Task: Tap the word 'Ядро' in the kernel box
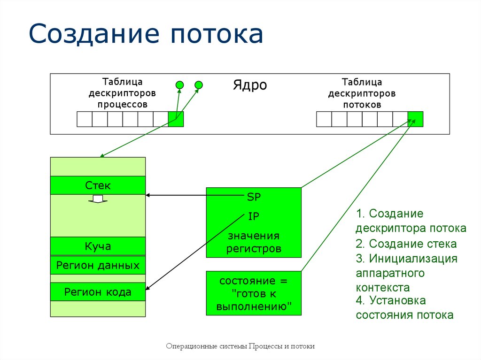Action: point(250,85)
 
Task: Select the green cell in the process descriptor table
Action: point(176,119)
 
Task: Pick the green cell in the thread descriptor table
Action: point(415,119)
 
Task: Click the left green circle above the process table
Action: point(179,85)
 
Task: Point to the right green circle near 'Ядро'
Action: point(199,85)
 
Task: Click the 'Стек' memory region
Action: point(98,185)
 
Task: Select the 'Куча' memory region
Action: point(98,246)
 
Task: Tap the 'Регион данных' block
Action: point(98,265)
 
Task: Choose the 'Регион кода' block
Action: point(98,292)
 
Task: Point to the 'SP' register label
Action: point(254,197)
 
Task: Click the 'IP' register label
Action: point(254,216)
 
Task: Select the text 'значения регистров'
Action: point(254,242)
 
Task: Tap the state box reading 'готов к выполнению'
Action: point(254,294)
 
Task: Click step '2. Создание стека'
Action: point(406,244)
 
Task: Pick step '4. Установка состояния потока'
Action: point(404,307)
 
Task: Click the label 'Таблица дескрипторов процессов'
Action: point(122,93)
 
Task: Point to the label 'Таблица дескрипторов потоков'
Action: point(362,93)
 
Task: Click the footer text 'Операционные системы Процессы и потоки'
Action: point(240,346)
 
